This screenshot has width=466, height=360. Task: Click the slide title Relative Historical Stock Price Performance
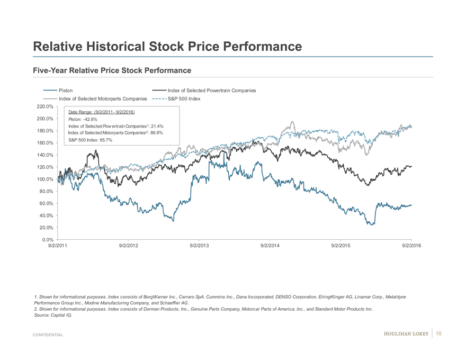click(167, 47)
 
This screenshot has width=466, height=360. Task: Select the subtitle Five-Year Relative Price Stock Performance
click(112, 70)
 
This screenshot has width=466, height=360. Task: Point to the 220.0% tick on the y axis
click(43, 106)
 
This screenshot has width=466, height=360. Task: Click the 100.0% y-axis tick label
click(43, 179)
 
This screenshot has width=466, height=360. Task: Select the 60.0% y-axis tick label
click(44, 203)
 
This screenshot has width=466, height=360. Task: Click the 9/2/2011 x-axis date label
click(58, 246)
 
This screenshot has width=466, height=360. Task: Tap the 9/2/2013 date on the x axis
click(199, 246)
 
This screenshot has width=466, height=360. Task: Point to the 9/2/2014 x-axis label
click(270, 246)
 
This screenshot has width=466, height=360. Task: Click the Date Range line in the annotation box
click(102, 112)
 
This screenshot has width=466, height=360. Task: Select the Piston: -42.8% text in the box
click(83, 119)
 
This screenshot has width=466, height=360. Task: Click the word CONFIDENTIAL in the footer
click(48, 335)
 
